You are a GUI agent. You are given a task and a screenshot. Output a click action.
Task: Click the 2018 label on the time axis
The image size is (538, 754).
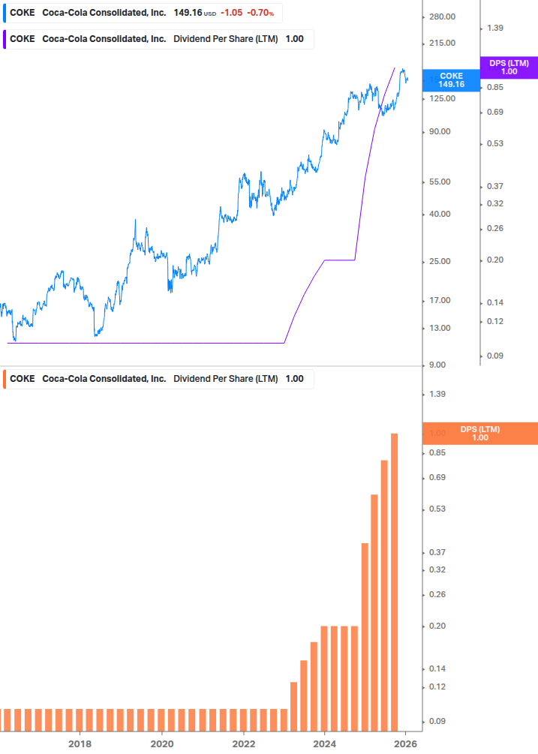coord(80,744)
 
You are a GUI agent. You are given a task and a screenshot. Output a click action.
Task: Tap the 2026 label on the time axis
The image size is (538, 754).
coord(406,744)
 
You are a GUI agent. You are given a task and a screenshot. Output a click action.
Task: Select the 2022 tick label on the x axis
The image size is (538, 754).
coord(243,744)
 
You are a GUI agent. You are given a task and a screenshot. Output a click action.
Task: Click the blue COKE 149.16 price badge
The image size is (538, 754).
coord(451,80)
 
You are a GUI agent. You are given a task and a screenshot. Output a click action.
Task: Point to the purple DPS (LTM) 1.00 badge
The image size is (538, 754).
coord(509,68)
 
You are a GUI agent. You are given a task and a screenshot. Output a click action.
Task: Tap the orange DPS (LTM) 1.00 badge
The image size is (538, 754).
coord(480,434)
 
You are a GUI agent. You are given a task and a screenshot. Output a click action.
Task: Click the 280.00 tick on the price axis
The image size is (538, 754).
coord(441,17)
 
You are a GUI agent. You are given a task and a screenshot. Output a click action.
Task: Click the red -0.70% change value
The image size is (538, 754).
coord(257,13)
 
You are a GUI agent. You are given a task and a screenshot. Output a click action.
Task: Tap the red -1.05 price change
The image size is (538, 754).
coord(233,13)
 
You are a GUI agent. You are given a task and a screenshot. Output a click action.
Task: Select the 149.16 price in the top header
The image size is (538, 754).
coord(188,13)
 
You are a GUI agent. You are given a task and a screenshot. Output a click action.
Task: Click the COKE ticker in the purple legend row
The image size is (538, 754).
coord(22,39)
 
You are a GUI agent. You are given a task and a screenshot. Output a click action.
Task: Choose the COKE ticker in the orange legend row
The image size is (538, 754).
coord(22,379)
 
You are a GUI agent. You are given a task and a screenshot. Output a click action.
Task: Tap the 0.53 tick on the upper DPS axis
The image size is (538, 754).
coord(494,143)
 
